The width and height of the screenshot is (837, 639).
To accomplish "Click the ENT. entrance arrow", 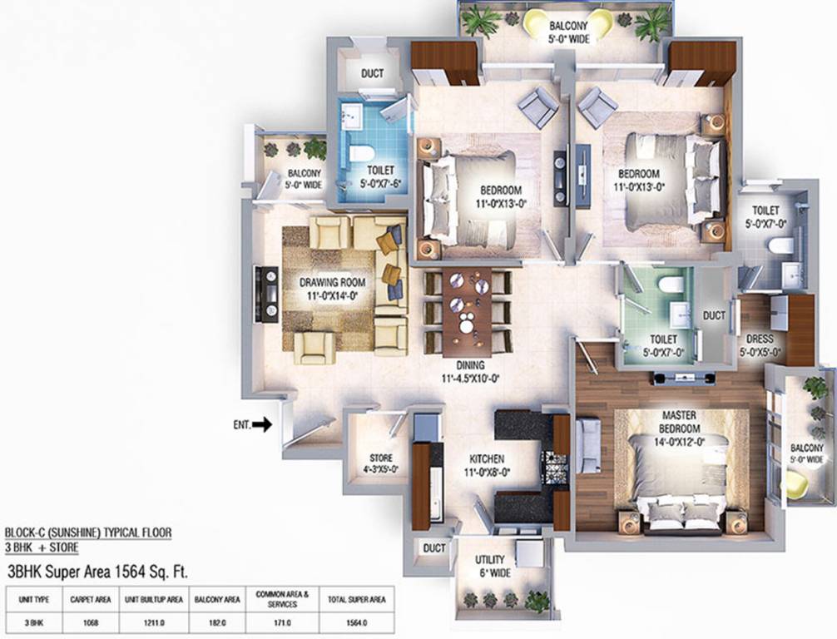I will point(261,424).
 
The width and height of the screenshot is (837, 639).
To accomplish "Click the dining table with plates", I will point(467,310).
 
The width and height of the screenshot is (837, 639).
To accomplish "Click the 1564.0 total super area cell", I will point(356,622).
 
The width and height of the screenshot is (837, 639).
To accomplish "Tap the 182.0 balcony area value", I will point(217,622).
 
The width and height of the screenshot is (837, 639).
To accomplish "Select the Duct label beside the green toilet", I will point(714,317).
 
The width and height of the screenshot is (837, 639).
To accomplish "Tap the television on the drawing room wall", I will point(269,294).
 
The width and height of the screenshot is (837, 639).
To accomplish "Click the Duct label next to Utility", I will point(433,549).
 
